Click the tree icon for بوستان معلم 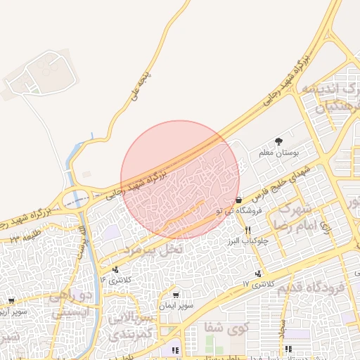coord(278,141)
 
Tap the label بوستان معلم coord(285,151)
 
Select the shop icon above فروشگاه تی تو coord(239,200)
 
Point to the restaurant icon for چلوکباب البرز coord(247,230)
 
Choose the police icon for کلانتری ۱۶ coord(115,269)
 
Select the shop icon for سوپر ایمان coord(175,295)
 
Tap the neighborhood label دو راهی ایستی coord(70,303)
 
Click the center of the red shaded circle coord(180,180)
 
